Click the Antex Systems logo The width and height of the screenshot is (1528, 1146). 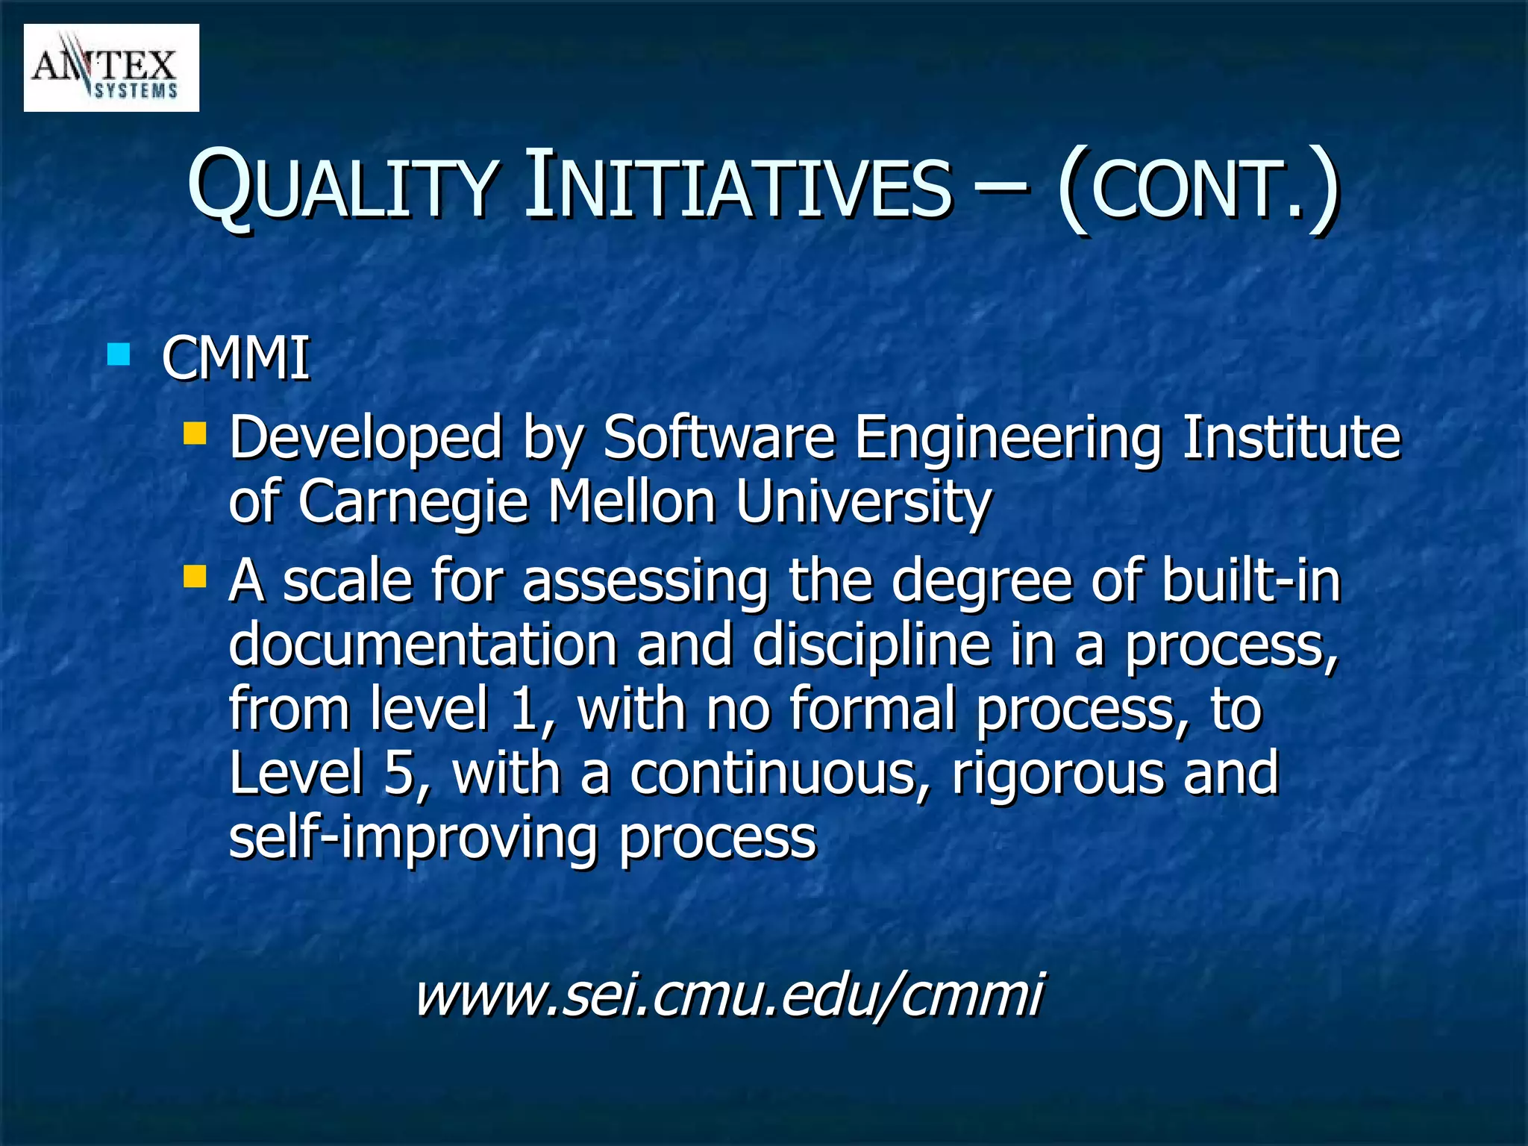[x=111, y=68]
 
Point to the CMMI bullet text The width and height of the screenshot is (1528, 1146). [x=235, y=359]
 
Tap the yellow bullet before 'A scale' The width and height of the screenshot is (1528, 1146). [x=195, y=576]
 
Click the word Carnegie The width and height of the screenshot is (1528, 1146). [x=413, y=502]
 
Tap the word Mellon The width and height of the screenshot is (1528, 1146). [x=632, y=502]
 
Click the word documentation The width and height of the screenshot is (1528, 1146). [x=422, y=645]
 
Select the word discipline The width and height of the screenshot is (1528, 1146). [x=871, y=646]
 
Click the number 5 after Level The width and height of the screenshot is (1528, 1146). [x=399, y=774]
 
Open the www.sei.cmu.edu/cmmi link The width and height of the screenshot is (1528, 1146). [x=729, y=995]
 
